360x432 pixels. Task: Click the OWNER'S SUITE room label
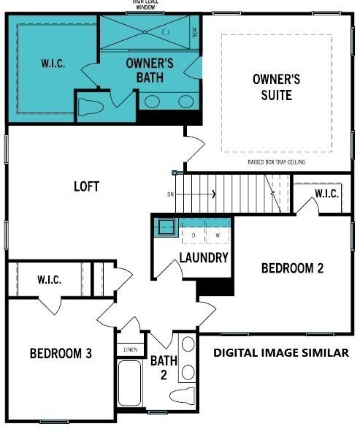[x=272, y=86]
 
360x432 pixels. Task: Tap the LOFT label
[x=86, y=186]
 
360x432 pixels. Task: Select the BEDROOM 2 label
[x=292, y=268]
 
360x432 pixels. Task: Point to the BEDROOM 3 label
[x=61, y=354]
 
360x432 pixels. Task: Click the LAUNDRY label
[x=204, y=257]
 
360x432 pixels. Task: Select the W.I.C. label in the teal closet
[x=53, y=63]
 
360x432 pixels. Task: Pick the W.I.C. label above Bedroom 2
[x=326, y=194]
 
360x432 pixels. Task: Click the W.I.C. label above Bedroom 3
[x=49, y=279]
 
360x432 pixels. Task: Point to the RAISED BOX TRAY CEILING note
[x=276, y=162]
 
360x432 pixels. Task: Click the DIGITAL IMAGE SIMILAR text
[x=280, y=353]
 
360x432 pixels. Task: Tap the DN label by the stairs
[x=170, y=194]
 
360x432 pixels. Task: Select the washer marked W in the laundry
[x=217, y=235]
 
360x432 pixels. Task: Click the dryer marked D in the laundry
[x=194, y=235]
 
